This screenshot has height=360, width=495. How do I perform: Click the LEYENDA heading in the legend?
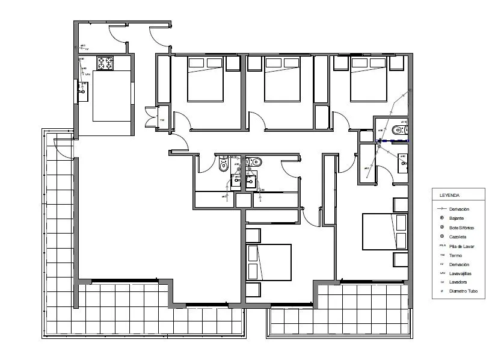450,196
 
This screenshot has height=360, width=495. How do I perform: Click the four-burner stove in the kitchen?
105,63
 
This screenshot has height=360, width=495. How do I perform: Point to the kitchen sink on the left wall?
82,91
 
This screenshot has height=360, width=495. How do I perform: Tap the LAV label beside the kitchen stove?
88,74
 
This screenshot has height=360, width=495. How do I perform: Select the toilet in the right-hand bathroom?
398,131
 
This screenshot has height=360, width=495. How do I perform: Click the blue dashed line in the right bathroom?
394,140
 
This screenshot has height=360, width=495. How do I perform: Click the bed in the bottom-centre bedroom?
268,262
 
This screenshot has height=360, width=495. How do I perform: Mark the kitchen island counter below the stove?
112,95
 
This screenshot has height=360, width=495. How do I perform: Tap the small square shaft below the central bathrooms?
243,200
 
